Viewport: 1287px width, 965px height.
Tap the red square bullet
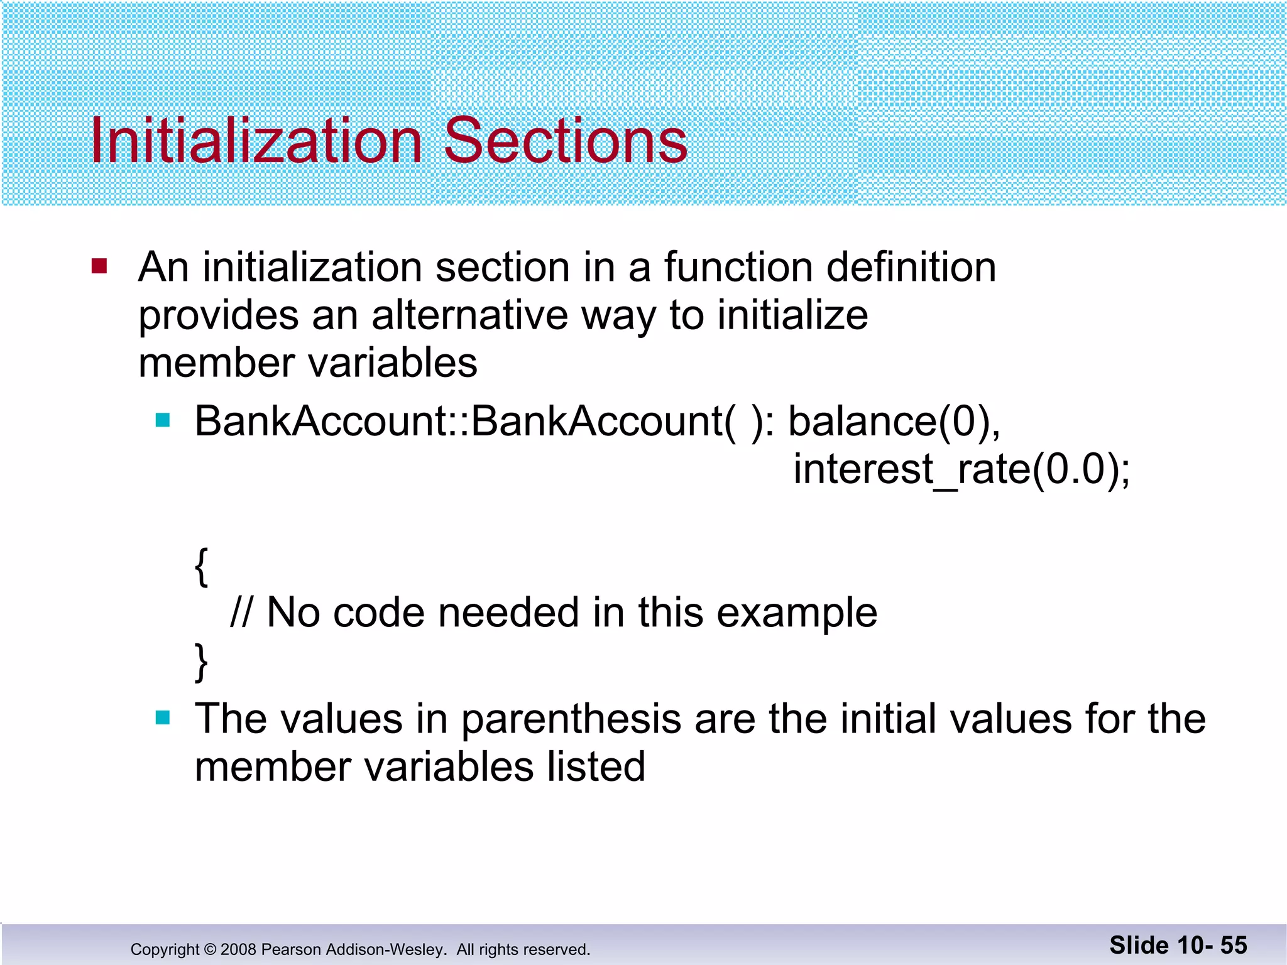pos(99,266)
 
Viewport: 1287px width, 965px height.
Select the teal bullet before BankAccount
pos(163,420)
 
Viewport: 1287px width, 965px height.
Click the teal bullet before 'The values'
pos(163,717)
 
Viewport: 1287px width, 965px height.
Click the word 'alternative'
pos(471,315)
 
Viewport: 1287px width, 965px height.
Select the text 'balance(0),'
pos(894,421)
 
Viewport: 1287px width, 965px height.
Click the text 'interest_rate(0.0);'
pos(961,469)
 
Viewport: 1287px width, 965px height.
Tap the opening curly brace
pos(201,567)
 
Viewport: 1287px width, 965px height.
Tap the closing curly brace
pos(201,662)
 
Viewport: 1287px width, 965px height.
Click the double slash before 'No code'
pos(241,613)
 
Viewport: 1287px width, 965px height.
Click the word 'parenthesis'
pos(571,719)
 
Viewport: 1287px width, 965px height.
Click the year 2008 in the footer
pos(238,949)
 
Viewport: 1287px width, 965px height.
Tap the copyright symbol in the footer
pos(210,949)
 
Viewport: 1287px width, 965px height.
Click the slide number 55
pos(1233,946)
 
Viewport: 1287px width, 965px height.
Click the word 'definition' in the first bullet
pos(911,267)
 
